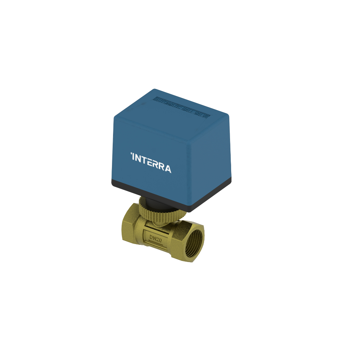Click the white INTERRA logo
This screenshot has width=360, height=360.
pos(151,163)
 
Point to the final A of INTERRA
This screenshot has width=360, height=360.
pos(168,168)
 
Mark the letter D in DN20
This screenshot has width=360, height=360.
pos(151,236)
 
